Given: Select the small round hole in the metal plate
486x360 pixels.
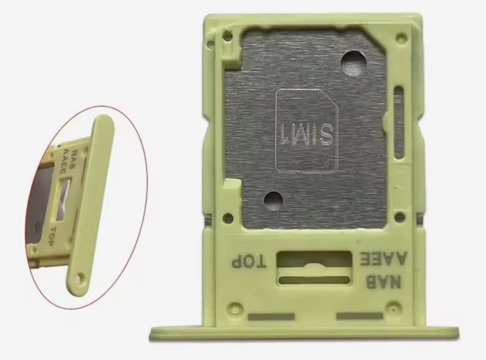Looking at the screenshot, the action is pyautogui.click(x=273, y=200).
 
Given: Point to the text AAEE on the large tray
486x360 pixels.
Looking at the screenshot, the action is pyautogui.click(x=383, y=259).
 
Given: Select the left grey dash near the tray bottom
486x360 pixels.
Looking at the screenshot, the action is pyautogui.click(x=271, y=317).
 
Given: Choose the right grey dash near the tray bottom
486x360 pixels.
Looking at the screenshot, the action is pyautogui.click(x=360, y=316).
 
